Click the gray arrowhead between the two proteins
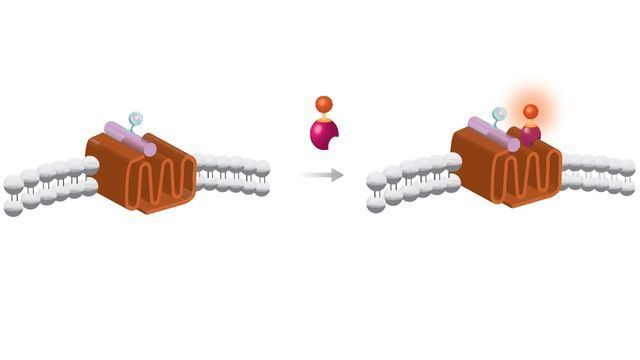[338, 175]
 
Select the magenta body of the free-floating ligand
[323, 132]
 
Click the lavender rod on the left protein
[130, 139]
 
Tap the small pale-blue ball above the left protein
[137, 119]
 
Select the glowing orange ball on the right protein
[530, 111]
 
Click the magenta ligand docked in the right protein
[529, 132]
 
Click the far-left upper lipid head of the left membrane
[13, 184]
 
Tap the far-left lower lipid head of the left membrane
[13, 208]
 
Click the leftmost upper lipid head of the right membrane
[377, 181]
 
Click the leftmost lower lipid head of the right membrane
[376, 204]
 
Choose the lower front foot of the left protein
[141, 206]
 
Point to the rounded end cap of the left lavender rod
[149, 147]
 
